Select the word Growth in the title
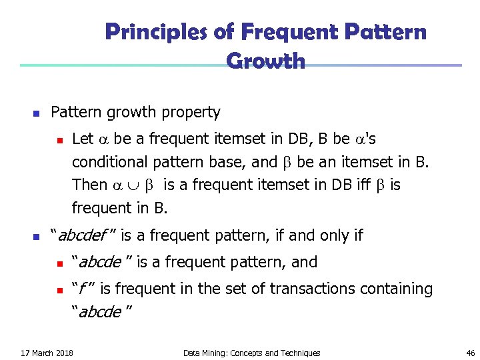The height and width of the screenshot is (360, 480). (x=266, y=61)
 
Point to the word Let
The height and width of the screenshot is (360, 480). (x=82, y=139)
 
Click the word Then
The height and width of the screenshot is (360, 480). (x=89, y=185)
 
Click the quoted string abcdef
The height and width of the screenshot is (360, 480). (x=84, y=235)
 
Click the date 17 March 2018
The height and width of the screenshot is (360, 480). (x=47, y=353)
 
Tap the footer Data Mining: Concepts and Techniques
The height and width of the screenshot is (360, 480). (x=251, y=353)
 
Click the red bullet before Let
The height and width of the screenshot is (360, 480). (x=59, y=139)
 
